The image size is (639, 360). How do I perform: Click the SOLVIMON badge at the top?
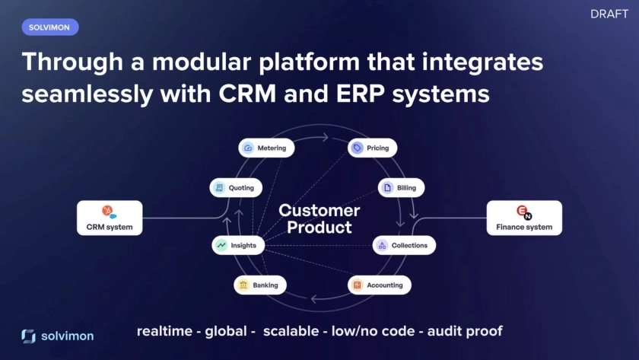click(x=50, y=27)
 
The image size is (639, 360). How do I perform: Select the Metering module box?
click(x=266, y=148)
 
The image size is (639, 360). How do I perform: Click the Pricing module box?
click(x=373, y=148)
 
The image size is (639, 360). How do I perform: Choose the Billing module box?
click(x=402, y=187)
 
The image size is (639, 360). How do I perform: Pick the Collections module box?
click(x=404, y=245)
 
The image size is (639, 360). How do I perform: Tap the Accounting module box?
click(x=380, y=285)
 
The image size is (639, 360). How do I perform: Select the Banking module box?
click(x=259, y=285)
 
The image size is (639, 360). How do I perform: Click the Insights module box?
click(x=238, y=245)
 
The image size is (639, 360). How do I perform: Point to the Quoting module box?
click(x=236, y=187)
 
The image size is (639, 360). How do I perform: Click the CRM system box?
click(x=110, y=218)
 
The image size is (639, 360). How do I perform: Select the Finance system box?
click(x=524, y=218)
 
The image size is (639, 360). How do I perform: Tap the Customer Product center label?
click(x=319, y=218)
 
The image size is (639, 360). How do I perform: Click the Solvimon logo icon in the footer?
click(x=28, y=336)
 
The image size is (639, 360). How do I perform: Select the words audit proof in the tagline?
click(x=465, y=331)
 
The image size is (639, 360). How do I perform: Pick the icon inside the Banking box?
click(x=243, y=285)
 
